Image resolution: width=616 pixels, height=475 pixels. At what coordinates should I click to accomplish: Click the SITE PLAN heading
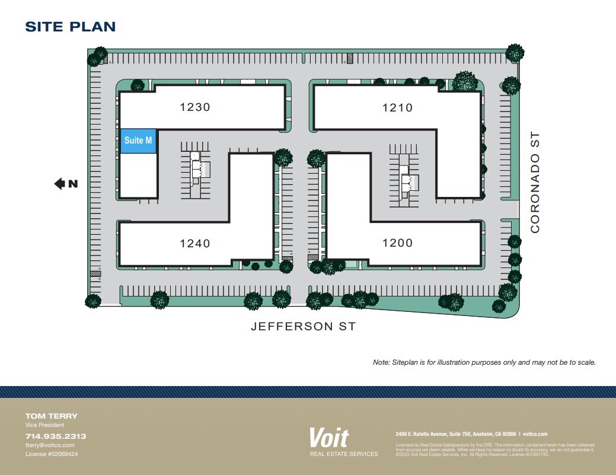tap(70, 27)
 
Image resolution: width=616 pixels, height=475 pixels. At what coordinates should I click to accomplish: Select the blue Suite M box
tap(139, 141)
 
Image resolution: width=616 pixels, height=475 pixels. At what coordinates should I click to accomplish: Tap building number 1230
tap(195, 107)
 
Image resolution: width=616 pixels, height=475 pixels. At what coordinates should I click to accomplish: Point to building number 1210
tap(397, 107)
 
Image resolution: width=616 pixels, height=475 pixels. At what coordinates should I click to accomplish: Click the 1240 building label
tap(195, 243)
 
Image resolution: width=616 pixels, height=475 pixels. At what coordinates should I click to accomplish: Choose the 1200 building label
tap(397, 243)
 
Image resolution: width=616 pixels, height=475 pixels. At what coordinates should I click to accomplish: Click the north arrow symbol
tap(60, 184)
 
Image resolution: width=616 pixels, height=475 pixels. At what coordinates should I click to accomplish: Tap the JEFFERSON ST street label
tap(303, 326)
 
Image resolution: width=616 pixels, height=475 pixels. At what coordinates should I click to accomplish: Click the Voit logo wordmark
tap(328, 438)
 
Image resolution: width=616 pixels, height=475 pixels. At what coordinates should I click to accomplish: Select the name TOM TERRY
tap(51, 416)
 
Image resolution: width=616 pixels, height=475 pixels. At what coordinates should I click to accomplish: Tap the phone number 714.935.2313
tap(56, 436)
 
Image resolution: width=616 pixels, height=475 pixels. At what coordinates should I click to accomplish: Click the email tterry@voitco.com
tap(50, 445)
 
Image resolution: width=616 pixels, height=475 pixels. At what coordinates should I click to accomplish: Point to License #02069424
tap(52, 454)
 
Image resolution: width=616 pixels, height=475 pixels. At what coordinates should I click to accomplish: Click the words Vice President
tap(44, 425)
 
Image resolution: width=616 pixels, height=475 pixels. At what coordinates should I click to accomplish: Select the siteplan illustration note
tap(484, 362)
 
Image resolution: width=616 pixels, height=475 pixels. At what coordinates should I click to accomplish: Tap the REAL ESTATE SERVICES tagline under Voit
tap(344, 454)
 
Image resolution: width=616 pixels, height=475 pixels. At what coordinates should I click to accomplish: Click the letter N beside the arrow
tap(73, 184)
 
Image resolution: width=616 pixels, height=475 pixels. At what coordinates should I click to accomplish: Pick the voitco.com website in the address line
tap(535, 434)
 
